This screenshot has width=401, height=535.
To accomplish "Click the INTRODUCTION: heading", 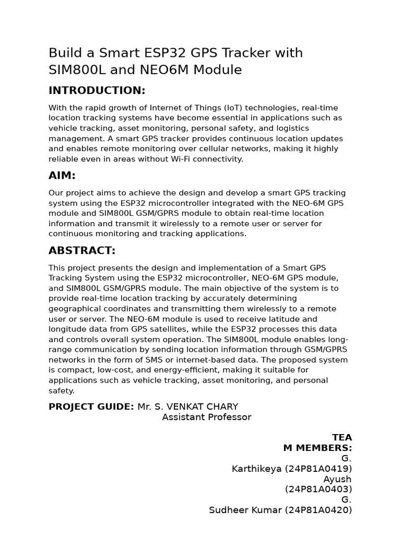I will (x=97, y=90).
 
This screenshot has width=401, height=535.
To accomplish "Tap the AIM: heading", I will (x=62, y=176).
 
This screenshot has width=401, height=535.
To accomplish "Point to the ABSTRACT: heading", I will (x=82, y=250).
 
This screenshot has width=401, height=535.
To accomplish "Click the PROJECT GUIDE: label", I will (x=91, y=406).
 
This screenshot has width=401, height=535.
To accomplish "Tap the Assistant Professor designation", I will (x=206, y=417).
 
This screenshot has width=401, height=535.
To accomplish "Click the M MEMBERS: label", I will (x=317, y=448).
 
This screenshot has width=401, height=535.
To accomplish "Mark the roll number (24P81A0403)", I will (x=319, y=489).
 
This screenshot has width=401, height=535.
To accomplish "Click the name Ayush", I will (x=337, y=479).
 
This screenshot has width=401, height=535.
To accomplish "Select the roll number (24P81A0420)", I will (x=318, y=510).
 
